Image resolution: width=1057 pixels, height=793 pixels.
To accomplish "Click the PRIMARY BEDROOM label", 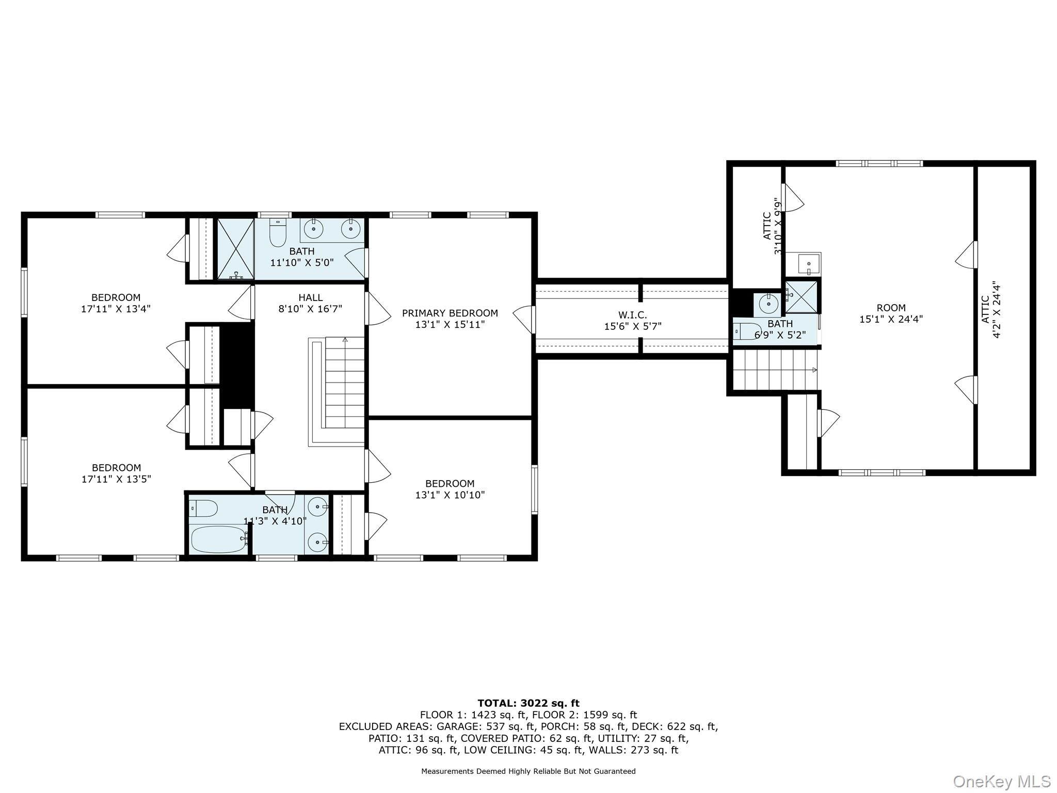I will pos(450,313).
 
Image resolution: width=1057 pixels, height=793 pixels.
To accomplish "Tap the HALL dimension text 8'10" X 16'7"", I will pos(310,309).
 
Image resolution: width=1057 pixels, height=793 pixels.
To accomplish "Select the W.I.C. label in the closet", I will pos(632,315).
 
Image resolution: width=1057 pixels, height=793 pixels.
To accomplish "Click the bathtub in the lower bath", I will pos(218,540).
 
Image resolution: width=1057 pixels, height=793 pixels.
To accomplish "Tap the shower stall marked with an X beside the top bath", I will pos(235,249).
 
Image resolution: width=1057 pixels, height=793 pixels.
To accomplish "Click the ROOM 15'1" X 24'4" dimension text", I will pos(891,320).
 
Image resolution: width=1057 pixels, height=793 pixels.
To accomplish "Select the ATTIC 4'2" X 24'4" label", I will pos(990,310).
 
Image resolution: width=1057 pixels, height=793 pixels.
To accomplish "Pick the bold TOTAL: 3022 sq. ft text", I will pos(528,703).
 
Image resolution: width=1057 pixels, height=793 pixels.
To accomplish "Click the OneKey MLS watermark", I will pos(1001,782).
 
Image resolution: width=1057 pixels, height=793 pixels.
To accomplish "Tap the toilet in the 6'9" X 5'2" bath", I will pos(747,330).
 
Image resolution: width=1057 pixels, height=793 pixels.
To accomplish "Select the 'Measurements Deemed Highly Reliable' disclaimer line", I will pos(528,771).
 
